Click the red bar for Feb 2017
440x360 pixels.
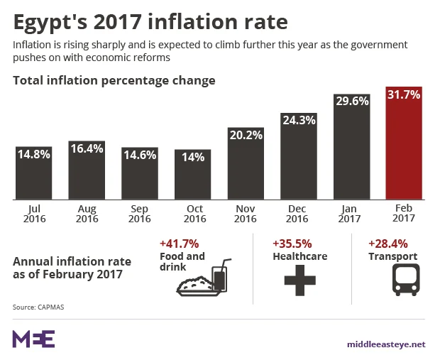[404, 146]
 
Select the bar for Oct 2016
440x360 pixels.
[192, 176]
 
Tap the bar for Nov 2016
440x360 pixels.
[246, 165]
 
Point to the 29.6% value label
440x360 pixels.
[351, 101]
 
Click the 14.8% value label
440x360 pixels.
[33, 154]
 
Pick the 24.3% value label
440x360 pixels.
[298, 120]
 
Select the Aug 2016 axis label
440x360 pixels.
[87, 214]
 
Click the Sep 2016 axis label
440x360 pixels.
[139, 214]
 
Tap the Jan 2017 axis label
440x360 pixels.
[351, 214]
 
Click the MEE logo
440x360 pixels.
[33, 339]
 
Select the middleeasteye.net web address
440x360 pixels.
[385, 344]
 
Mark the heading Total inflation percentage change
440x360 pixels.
[114, 80]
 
